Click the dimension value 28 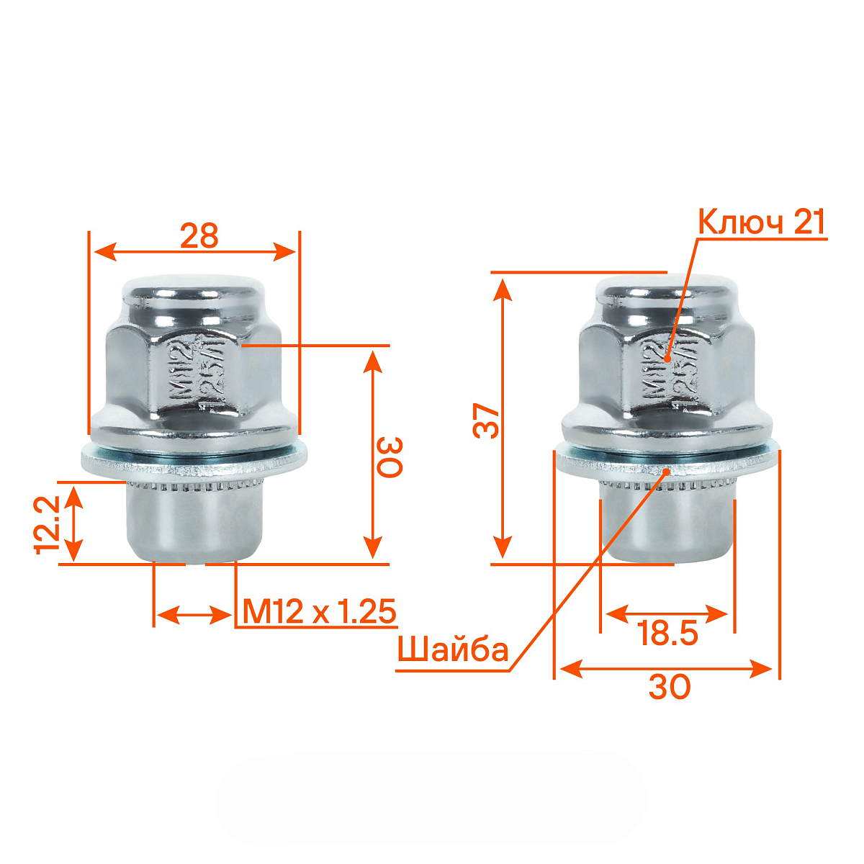click(x=199, y=235)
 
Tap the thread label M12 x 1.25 click(x=319, y=611)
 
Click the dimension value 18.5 click(x=668, y=634)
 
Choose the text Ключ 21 click(x=762, y=222)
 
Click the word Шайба click(x=453, y=650)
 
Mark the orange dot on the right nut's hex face click(x=667, y=358)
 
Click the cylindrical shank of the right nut click(x=668, y=526)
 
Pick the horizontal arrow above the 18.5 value click(x=667, y=614)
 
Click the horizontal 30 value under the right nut click(x=669, y=688)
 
